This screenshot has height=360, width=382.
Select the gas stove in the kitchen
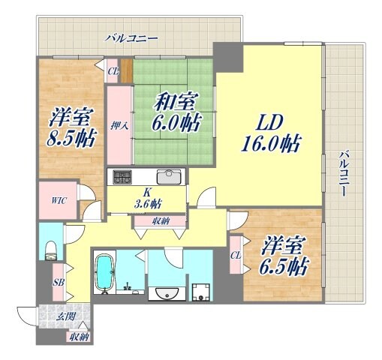(x=122, y=178)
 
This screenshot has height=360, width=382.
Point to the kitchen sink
(x=170, y=177)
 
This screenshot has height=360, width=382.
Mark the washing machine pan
(x=200, y=291)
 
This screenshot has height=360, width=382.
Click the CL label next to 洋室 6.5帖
(x=236, y=255)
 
